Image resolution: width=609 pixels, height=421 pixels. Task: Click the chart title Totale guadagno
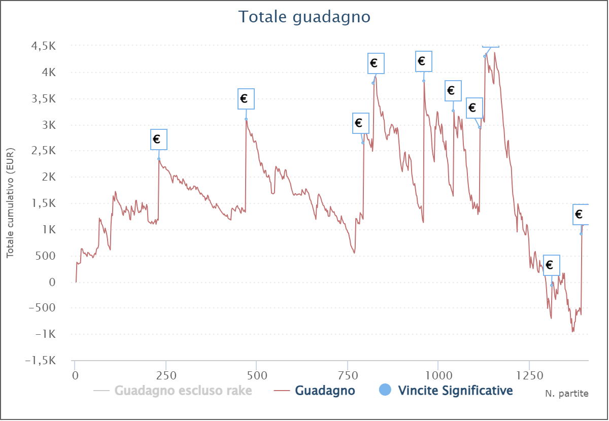[x=304, y=17]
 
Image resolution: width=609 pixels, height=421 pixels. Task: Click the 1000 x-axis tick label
[x=437, y=376]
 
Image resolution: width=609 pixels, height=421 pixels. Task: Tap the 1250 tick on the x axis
[x=528, y=376]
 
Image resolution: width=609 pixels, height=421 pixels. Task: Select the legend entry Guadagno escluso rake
[x=183, y=391]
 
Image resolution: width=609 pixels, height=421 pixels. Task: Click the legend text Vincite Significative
[x=455, y=391]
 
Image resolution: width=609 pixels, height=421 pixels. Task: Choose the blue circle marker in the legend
[x=386, y=390]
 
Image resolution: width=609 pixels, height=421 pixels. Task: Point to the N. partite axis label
[x=567, y=394]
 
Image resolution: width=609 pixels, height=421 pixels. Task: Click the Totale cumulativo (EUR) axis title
[x=10, y=203]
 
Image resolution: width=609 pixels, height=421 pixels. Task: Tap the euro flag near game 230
[x=159, y=139]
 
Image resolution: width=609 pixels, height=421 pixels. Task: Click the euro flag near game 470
[x=246, y=98]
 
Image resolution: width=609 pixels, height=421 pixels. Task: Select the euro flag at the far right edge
[x=581, y=214]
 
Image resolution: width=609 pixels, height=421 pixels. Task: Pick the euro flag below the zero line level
[x=552, y=265]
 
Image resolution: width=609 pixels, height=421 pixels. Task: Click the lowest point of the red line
[x=573, y=332]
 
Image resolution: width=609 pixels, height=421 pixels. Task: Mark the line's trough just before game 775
[x=354, y=253]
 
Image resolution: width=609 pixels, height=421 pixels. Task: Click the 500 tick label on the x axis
[x=256, y=376]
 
